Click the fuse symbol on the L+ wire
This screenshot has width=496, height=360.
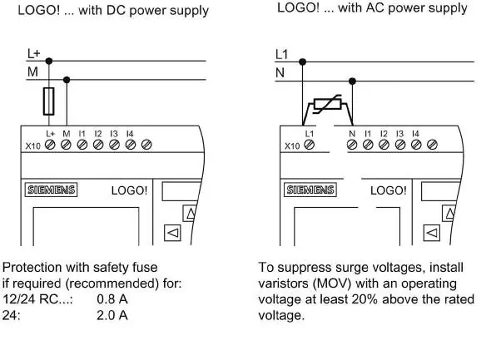pos(49,101)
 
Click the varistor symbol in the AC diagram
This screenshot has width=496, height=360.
pos(327,104)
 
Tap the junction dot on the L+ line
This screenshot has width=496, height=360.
pos(49,61)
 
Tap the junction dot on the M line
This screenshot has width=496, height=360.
pos(67,80)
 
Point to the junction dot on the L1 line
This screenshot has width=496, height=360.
pos(302,62)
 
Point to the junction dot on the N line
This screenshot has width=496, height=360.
pos(352,81)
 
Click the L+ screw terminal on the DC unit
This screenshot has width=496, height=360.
pos(50,145)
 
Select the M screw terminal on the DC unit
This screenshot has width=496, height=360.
pos(66,145)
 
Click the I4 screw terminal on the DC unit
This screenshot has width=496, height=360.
pos(131,145)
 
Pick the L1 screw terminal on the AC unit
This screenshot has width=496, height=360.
pos(309,145)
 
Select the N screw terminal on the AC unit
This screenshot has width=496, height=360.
pos(352,145)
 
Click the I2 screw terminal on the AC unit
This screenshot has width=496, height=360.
pos(384,145)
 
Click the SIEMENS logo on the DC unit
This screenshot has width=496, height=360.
pos(52,190)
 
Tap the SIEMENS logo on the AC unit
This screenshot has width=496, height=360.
pos(310,190)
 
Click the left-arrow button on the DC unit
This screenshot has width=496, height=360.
pos(172,233)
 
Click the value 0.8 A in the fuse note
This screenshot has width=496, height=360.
pos(112,299)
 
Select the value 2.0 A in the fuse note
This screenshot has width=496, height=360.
pos(112,315)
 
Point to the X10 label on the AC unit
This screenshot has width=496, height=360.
pos(292,146)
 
